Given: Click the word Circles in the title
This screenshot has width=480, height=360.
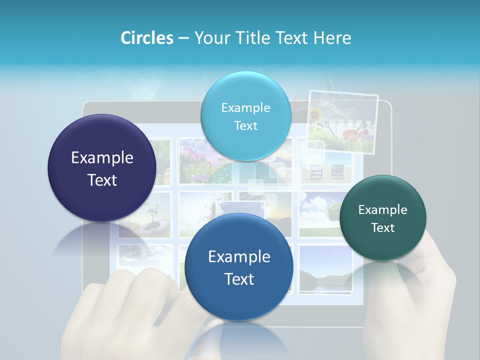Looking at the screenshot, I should point(146,38).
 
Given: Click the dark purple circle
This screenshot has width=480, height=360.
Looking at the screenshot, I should point(102,168).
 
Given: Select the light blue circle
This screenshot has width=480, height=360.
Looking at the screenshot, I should point(245,116).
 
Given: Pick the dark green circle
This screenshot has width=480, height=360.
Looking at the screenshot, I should point(382,218).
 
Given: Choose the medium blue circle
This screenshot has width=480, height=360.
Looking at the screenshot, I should point(239,267).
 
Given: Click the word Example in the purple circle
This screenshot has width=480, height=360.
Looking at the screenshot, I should point(102,158).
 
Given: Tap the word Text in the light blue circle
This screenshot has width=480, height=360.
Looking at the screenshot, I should point(245,126).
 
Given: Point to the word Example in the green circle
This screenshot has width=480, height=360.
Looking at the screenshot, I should point(382,210).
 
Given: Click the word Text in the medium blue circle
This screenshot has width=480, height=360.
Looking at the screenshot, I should point(239,279).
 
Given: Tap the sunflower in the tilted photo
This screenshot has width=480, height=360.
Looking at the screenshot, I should point(316,115).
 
